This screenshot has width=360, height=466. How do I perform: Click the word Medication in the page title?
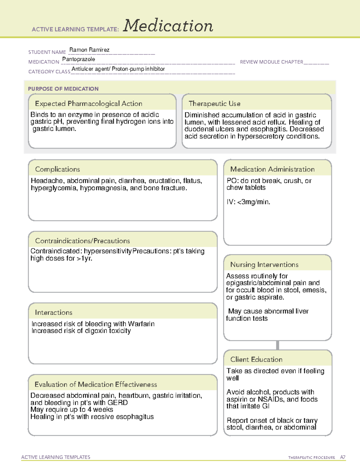pyautogui.click(x=168, y=26)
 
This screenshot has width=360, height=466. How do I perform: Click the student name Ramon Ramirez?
pyautogui.click(x=89, y=50)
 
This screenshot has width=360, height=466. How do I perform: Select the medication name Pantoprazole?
pyautogui.click(x=79, y=59)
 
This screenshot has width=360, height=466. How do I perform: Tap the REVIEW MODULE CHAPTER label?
pyautogui.click(x=271, y=62)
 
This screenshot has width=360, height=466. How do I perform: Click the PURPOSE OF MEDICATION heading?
pyautogui.click(x=63, y=89)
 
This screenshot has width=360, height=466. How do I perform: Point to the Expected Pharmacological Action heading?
pyautogui.click(x=88, y=104)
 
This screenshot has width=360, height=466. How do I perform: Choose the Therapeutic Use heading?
pyautogui.click(x=214, y=104)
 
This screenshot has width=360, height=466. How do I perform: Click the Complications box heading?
pyautogui.click(x=57, y=169)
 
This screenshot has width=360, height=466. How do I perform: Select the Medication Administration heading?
pyautogui.click(x=272, y=169)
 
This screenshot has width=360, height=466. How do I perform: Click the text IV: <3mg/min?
pyautogui.click(x=248, y=202)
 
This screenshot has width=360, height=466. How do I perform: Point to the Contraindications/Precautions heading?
pyautogui.click(x=82, y=241)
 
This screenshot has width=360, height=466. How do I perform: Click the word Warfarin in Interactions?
pyautogui.click(x=141, y=324)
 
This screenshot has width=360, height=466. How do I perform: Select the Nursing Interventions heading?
pyautogui.click(x=264, y=265)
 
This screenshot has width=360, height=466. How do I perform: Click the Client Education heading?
pyautogui.click(x=256, y=359)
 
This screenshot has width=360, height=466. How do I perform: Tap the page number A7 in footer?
pyautogui.click(x=343, y=457)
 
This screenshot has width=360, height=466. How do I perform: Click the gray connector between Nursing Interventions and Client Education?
pyautogui.click(x=277, y=345)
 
